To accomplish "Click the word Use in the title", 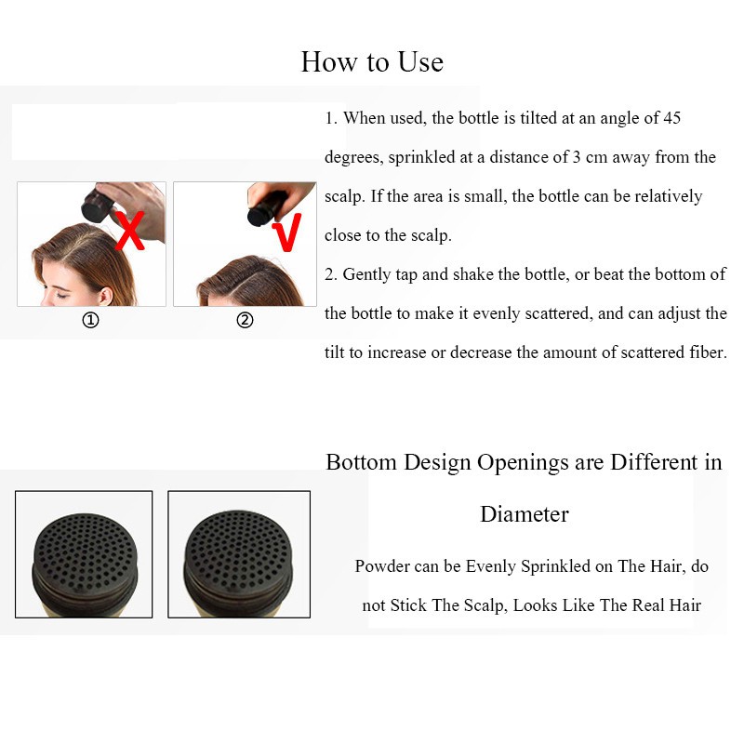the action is pyautogui.click(x=420, y=62).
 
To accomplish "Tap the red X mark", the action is pyautogui.click(x=129, y=231).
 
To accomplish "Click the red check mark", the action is pyautogui.click(x=287, y=232).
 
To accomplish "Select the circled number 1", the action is pyautogui.click(x=90, y=320).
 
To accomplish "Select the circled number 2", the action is pyautogui.click(x=245, y=320).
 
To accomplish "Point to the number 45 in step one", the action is pyautogui.click(x=671, y=118).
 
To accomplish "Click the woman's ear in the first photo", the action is pyautogui.click(x=106, y=296).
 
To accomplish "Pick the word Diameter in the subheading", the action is pyautogui.click(x=525, y=514).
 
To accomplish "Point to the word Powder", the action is pyautogui.click(x=382, y=566).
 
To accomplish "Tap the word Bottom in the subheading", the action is pyautogui.click(x=361, y=462).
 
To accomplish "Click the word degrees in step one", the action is pyautogui.click(x=353, y=157).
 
